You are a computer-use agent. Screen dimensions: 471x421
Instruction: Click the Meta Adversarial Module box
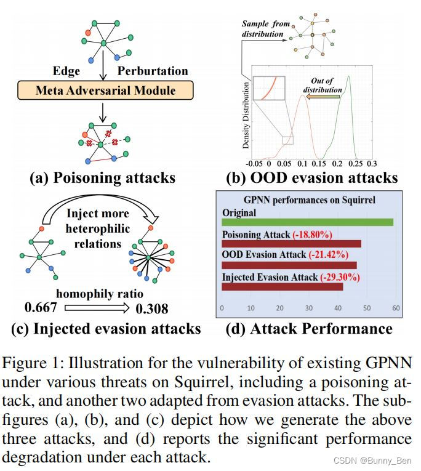click(105, 91)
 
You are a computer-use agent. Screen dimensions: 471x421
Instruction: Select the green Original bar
click(307, 222)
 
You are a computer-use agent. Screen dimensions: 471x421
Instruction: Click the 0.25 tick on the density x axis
click(355, 164)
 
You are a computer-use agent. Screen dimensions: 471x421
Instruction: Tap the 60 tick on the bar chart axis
click(396, 308)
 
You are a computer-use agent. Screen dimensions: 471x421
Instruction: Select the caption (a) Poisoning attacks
click(103, 178)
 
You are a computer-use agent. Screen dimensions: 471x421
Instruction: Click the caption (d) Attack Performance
click(309, 328)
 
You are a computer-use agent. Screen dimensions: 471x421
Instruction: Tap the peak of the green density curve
click(348, 76)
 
